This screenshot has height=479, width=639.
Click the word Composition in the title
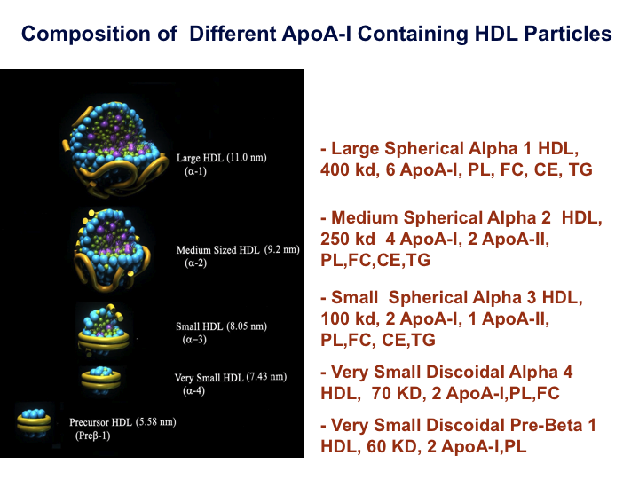[x=99, y=35]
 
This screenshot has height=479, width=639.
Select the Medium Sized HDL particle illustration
[x=112, y=249]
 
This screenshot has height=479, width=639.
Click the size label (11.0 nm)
[x=247, y=157]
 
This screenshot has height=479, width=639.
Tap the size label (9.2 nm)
[x=282, y=249]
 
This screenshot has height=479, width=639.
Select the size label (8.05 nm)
[x=247, y=326]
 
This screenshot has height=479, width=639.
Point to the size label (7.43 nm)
[x=266, y=377]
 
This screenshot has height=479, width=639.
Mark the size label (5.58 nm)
[x=155, y=421]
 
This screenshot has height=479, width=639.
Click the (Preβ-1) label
[x=92, y=436]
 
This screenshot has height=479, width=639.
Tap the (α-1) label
[x=195, y=171]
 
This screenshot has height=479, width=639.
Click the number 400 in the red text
[x=335, y=169]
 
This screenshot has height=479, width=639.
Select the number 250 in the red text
[x=335, y=239]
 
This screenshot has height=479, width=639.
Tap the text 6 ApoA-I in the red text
[x=423, y=169]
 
